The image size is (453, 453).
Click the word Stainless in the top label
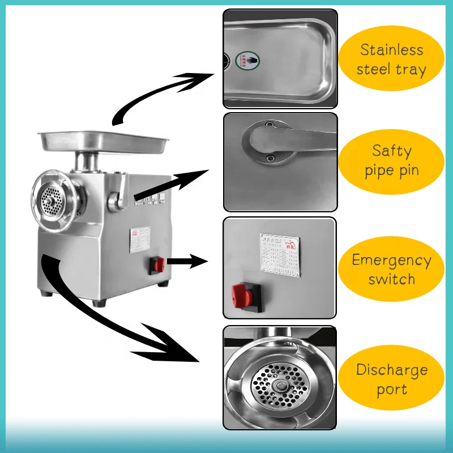391,50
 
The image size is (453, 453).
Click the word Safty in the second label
391,151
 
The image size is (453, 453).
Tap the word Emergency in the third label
391,260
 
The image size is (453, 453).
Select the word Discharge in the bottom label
391,370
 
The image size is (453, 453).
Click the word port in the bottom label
391,390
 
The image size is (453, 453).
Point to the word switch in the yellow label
391,280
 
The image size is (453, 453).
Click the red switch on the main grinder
157,264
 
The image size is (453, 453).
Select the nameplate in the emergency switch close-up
281,255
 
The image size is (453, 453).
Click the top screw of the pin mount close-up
270,125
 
